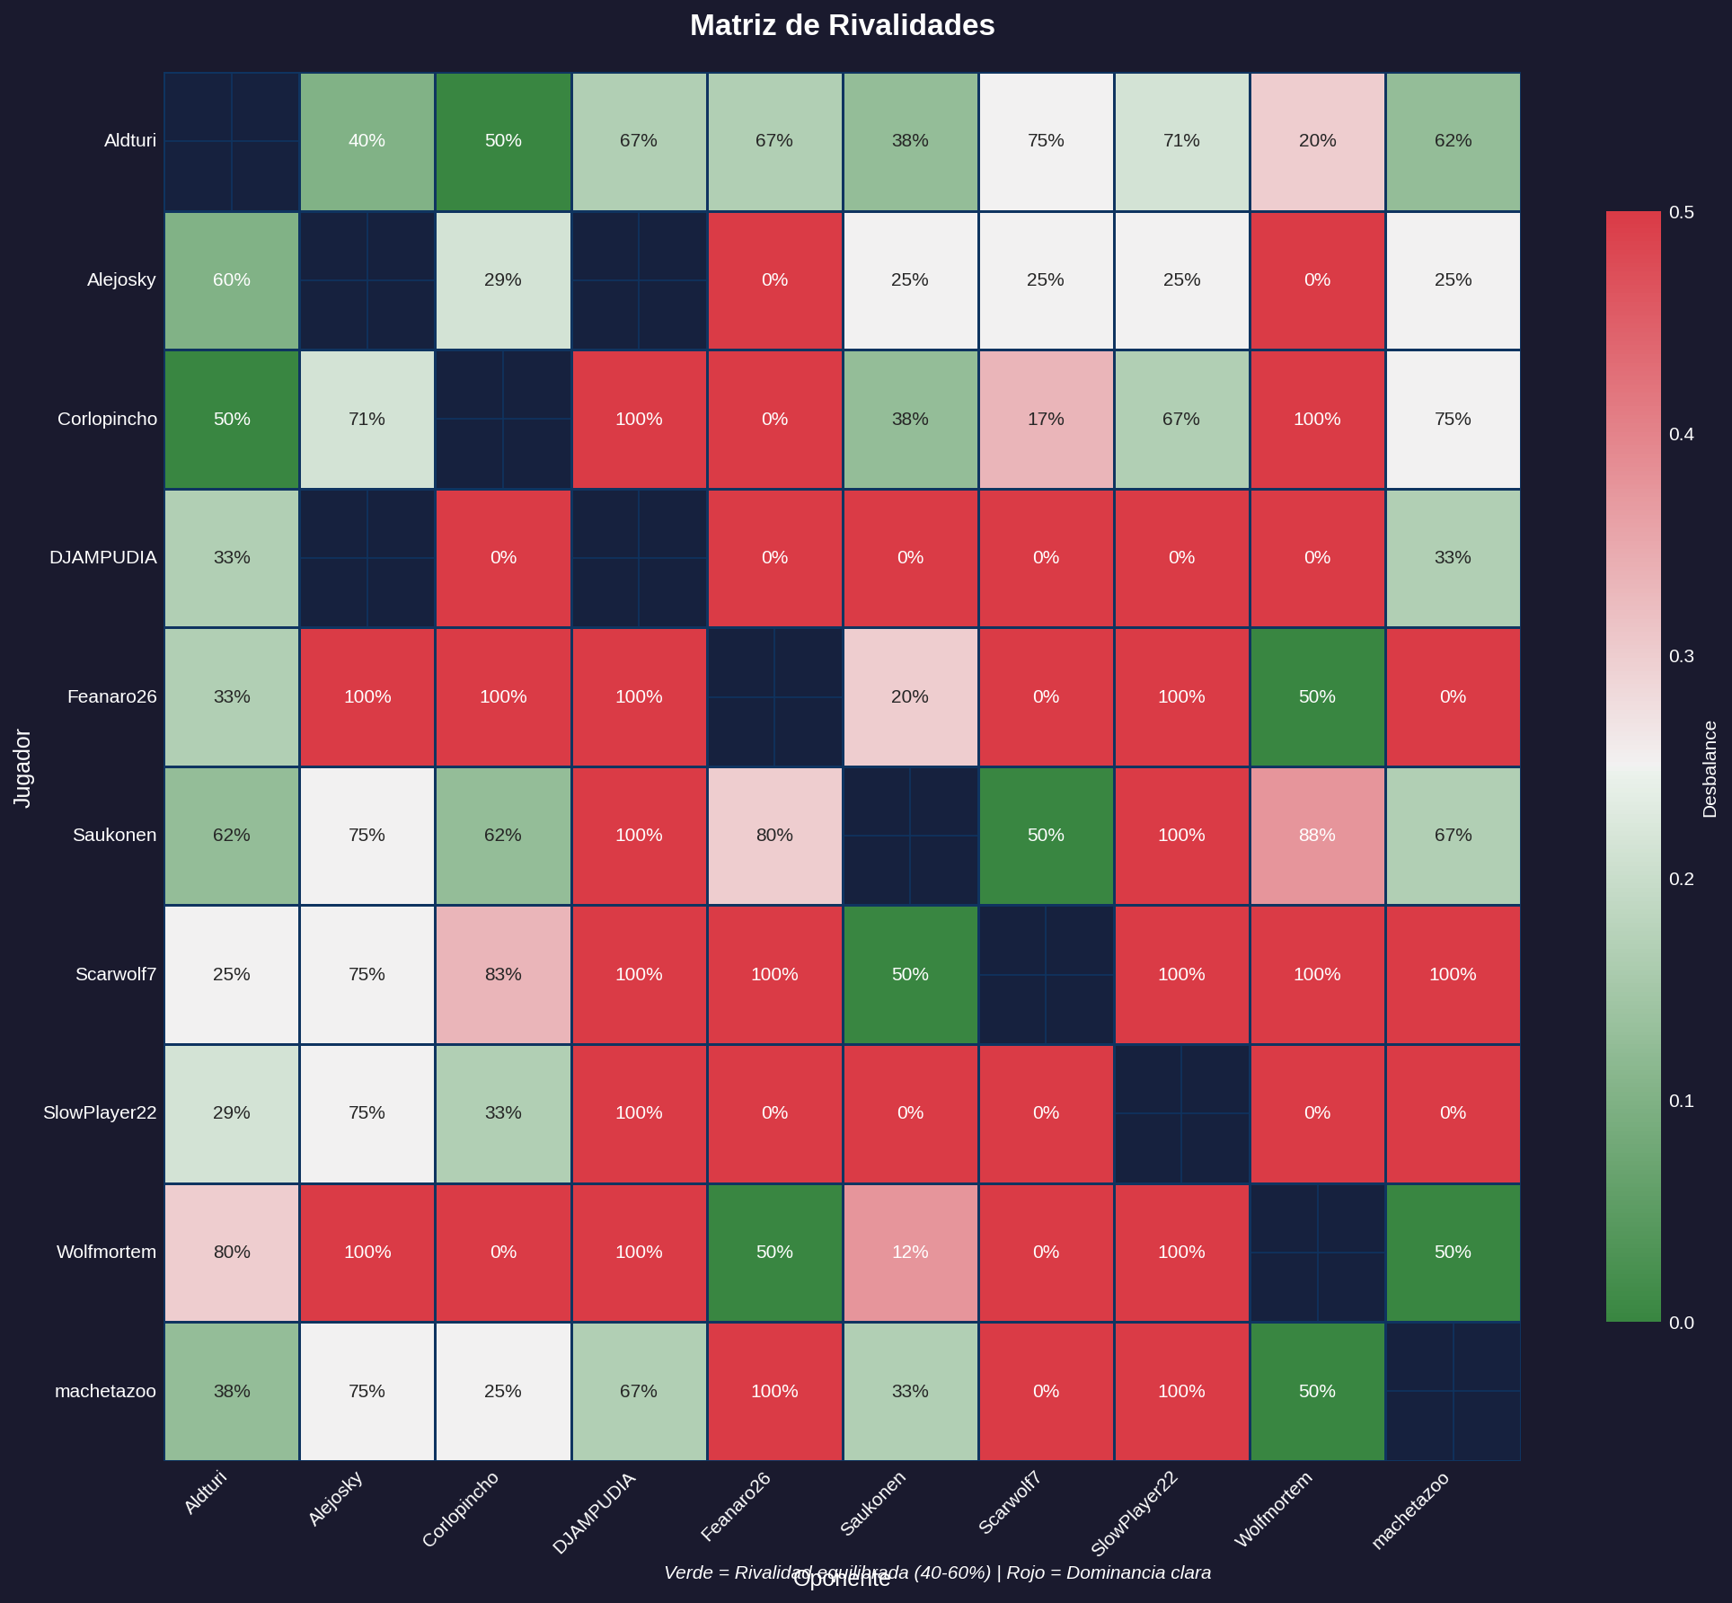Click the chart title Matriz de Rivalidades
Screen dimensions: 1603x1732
842,25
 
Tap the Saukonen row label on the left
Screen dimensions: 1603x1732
114,836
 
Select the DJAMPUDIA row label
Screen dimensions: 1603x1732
102,558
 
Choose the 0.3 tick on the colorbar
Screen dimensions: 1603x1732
1681,657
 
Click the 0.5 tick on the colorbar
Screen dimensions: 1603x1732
1681,212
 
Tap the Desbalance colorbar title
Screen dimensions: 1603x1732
1710,769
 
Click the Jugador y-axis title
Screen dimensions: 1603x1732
23,768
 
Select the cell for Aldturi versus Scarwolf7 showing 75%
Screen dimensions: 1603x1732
1046,141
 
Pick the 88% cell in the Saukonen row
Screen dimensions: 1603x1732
1317,836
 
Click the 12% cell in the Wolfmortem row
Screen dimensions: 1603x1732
910,1252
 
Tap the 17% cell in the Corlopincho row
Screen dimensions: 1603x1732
1046,419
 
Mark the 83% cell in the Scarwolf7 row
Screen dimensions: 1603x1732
503,974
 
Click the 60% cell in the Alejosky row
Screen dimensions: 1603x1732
232,279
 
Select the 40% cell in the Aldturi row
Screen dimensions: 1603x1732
367,141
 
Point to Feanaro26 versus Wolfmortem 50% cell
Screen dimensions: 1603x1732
1317,696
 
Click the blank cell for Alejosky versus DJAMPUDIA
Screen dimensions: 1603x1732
639,279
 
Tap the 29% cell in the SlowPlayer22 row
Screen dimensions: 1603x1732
232,1113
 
